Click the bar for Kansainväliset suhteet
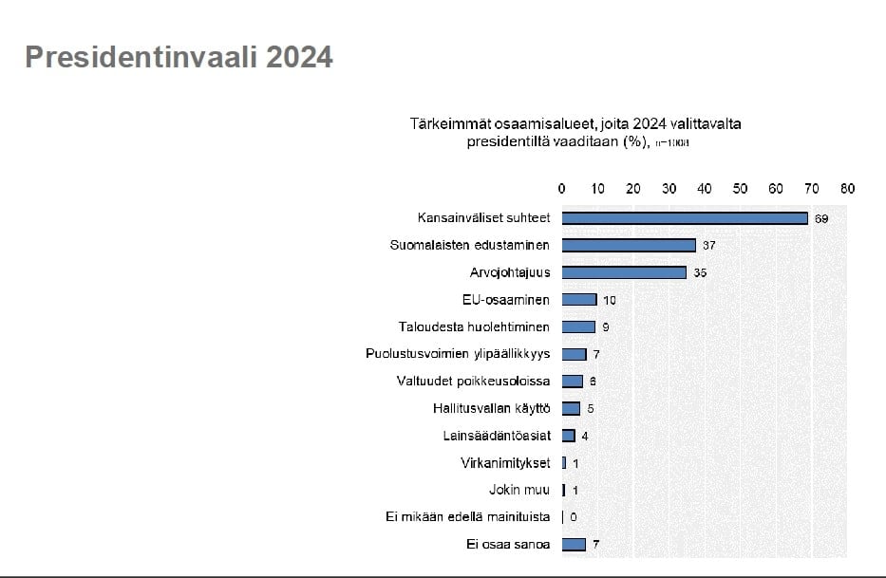coord(684,218)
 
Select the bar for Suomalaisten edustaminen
coord(629,245)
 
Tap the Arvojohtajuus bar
coord(624,272)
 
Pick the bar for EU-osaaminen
coord(579,300)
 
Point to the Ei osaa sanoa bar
coord(574,545)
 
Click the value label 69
coord(821,218)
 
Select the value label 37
coord(708,246)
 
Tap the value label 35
coord(700,273)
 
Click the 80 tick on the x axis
coord(847,189)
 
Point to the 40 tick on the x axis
coord(705,189)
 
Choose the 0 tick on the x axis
coord(562,189)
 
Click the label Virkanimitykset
coord(504,463)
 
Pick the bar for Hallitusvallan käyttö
coord(571,409)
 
